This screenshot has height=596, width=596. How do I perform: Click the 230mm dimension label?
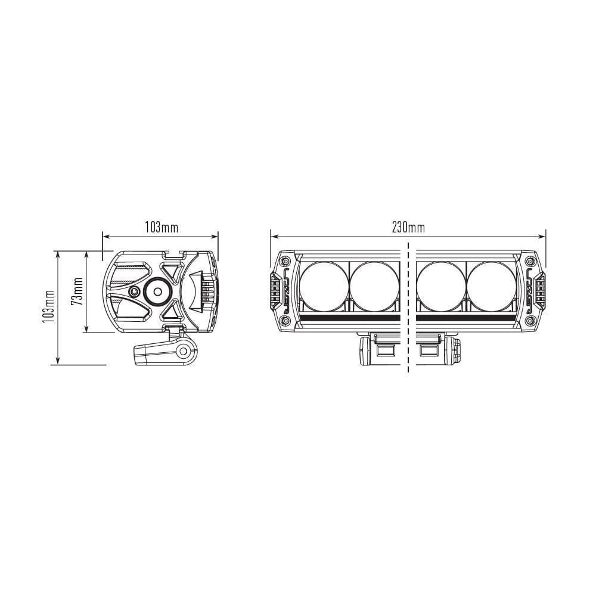coord(408,227)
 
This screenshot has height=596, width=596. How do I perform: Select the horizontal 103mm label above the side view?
coord(161,227)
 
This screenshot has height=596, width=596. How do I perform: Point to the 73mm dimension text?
coord(77,291)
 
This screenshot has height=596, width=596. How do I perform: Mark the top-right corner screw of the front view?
coord(530,261)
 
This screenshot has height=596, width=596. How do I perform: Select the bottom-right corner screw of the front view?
coord(530,322)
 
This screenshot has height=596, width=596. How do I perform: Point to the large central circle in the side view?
coord(158,291)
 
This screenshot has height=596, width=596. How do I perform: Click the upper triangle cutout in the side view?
coord(172,272)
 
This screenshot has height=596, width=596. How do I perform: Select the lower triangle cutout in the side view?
coord(172,311)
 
